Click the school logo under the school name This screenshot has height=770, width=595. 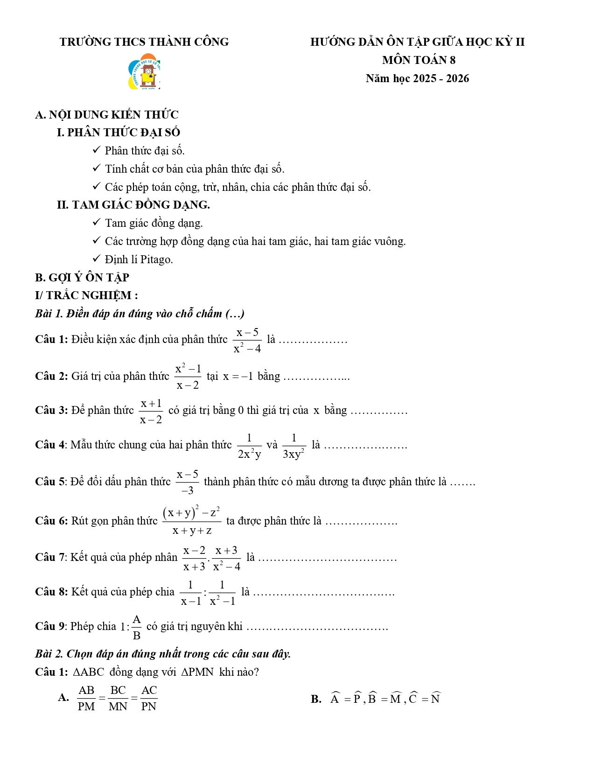(144, 71)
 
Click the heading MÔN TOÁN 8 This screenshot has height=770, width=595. (419, 60)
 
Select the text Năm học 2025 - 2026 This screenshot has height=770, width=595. (417, 78)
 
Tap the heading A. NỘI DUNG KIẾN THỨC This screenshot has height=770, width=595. (106, 114)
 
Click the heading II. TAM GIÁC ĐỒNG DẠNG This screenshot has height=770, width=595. (133, 204)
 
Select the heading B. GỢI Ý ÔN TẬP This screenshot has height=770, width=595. (82, 277)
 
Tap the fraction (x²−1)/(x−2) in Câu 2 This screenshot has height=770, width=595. (188, 376)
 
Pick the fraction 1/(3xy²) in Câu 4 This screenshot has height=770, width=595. (294, 446)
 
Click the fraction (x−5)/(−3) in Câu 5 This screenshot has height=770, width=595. (188, 482)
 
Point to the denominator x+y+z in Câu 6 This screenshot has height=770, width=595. (192, 531)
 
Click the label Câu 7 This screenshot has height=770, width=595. (51, 557)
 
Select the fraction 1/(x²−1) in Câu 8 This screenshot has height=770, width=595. (222, 593)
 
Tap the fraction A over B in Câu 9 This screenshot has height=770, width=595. (137, 627)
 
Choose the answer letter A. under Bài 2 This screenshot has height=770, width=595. (63, 698)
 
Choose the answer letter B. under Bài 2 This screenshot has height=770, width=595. (316, 699)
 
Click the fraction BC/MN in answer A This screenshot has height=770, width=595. (118, 698)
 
